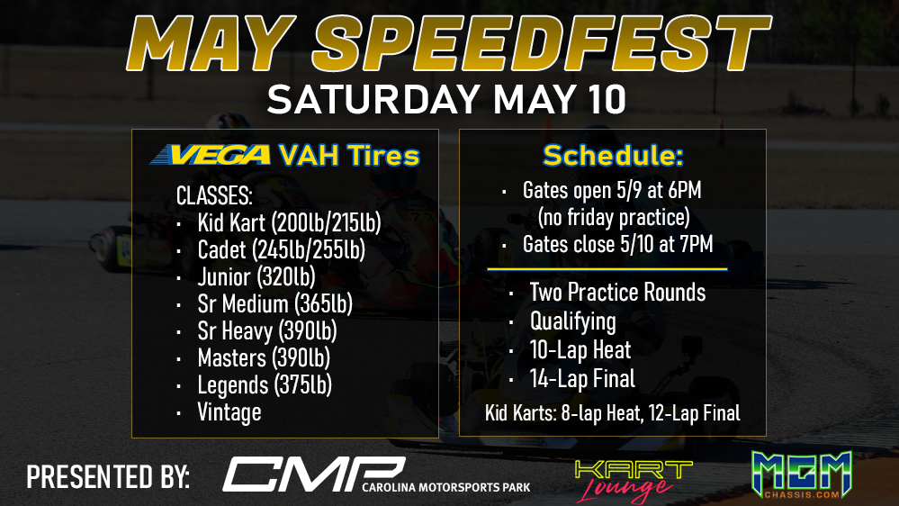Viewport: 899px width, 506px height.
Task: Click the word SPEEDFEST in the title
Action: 542,44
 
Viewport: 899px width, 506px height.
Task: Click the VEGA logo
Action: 210,155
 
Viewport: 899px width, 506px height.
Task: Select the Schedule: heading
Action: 613,155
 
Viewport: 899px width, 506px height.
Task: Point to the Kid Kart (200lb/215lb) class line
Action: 289,223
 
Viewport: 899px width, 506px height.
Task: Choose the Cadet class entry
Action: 281,250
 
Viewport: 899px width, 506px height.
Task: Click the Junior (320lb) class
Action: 256,277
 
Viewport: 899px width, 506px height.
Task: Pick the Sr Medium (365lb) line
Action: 274,304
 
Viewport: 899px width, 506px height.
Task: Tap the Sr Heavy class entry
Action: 267,331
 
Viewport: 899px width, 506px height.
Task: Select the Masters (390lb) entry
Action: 264,358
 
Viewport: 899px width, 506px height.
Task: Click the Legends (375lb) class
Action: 265,385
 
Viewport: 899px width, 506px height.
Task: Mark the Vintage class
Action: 229,412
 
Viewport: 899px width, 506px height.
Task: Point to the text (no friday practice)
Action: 614,217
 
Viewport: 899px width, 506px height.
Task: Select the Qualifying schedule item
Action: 572,321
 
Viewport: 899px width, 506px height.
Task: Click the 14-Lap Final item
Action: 582,379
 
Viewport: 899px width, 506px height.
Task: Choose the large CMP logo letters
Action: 314,474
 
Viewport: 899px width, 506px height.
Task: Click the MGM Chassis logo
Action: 802,474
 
